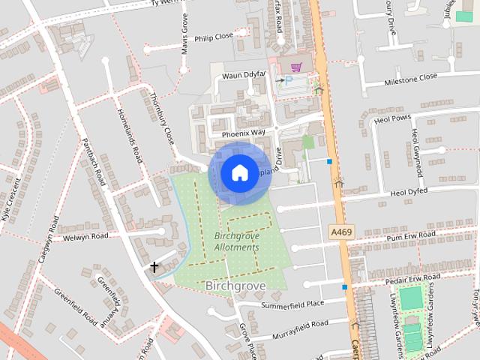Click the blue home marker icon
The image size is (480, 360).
pyautogui.click(x=238, y=172)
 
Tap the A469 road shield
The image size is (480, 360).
pyautogui.click(x=341, y=233)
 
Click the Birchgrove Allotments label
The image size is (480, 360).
pyautogui.click(x=236, y=241)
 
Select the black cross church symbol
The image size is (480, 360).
pyautogui.click(x=154, y=267)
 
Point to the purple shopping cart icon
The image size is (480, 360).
pyautogui.click(x=295, y=66)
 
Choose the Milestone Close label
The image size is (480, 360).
pyautogui.click(x=410, y=77)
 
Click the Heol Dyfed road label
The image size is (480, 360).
pyautogui.click(x=408, y=192)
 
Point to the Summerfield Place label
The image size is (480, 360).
pyautogui.click(x=292, y=304)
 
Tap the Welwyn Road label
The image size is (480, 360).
pyautogui.click(x=86, y=236)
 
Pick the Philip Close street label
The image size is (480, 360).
pyautogui.click(x=214, y=36)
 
